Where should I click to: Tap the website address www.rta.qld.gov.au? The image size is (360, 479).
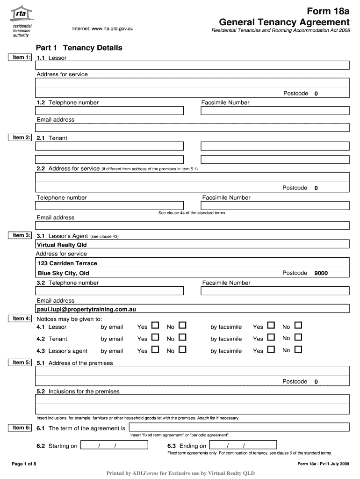tap(103, 29)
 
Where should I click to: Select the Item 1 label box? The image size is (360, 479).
tap(22, 57)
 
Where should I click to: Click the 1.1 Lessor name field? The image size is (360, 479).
tap(192, 65)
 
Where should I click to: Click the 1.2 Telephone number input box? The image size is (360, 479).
tap(109, 111)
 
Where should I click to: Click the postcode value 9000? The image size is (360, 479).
tap(321, 273)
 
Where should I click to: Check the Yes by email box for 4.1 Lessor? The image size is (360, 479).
tap(155, 326)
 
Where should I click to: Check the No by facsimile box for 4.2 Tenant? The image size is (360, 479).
tap(298, 337)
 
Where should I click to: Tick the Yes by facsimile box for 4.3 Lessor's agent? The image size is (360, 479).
tap(271, 349)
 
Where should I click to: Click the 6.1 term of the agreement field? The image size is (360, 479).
tap(238, 428)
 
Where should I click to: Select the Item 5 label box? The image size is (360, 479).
tap(22, 362)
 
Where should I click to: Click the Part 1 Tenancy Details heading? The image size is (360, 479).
tap(79, 48)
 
